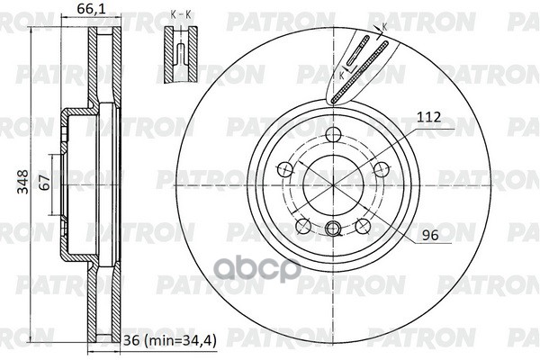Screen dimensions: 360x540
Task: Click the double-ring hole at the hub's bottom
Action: pos(333,229)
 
